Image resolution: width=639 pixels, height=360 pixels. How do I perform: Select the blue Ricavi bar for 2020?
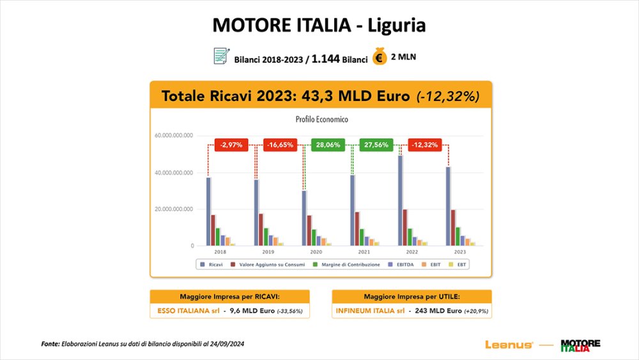click(304, 218)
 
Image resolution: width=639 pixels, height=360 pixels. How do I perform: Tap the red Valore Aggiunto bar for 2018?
click(213, 230)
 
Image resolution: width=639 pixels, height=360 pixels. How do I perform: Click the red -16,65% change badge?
click(281, 145)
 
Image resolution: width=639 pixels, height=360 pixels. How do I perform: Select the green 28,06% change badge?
click(328, 145)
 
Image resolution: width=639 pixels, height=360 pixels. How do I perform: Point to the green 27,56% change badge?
click(376, 145)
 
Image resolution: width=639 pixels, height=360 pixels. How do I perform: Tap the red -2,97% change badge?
click(231, 145)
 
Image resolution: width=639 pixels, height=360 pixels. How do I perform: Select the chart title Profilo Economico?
click(321, 119)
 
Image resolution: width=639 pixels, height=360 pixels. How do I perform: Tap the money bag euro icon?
click(380, 57)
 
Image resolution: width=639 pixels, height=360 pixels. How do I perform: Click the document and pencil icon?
click(221, 56)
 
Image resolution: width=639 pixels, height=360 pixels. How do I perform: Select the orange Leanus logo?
click(509, 345)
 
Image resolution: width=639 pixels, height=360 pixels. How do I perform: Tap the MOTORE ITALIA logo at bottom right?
click(580, 345)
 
